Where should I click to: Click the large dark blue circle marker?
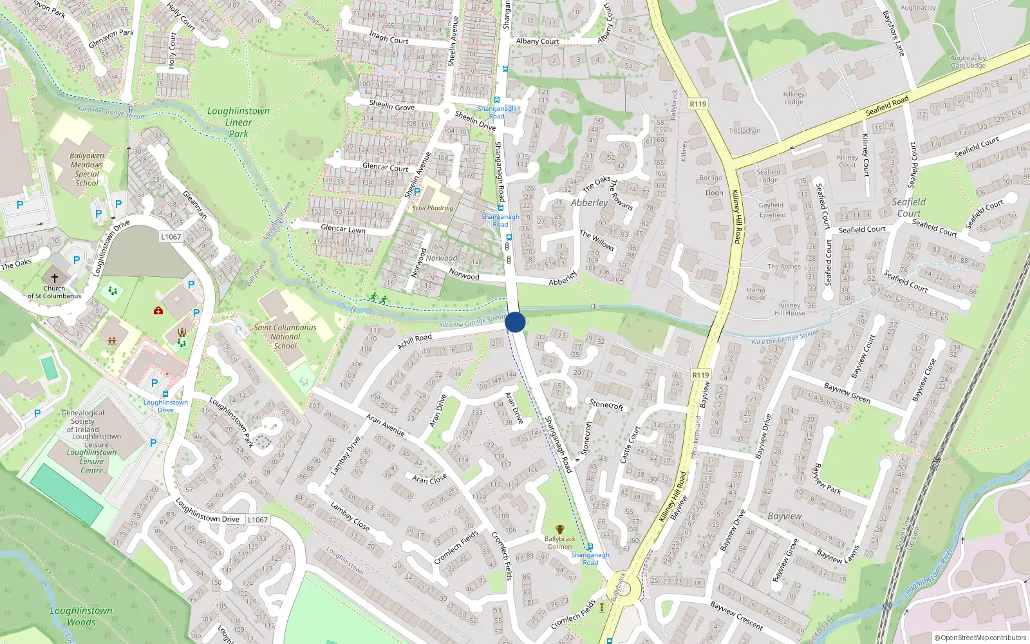[515, 322]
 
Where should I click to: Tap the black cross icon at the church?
[55, 278]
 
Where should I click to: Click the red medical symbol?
[158, 310]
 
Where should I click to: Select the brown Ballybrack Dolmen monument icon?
[559, 529]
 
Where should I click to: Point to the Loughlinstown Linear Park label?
[238, 122]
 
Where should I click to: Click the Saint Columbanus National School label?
[285, 336]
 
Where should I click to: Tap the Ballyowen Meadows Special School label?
[87, 169]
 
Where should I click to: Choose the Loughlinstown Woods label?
[81, 616]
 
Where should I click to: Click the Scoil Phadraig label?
[433, 208]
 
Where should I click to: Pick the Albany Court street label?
[538, 41]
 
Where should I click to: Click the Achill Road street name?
[415, 341]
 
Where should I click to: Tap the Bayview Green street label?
[847, 393]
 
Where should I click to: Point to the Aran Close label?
[429, 479]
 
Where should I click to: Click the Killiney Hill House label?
[789, 309]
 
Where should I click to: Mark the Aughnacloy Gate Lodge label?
[968, 62]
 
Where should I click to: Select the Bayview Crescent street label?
[736, 616]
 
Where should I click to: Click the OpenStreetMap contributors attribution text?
[980, 638]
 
